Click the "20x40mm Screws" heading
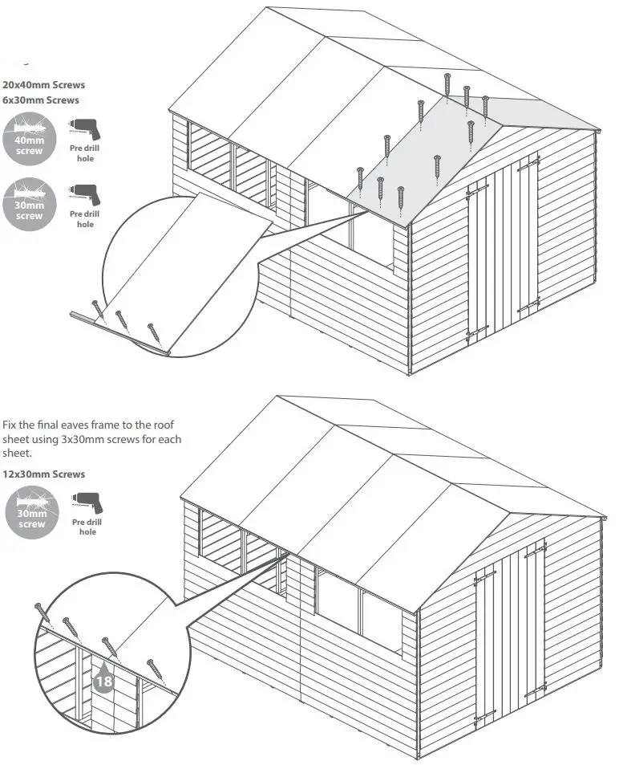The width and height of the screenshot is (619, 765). (x=43, y=84)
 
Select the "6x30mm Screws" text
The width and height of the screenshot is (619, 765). (x=41, y=100)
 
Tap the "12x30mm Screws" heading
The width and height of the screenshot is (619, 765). (x=43, y=474)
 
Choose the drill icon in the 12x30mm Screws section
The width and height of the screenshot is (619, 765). (x=87, y=503)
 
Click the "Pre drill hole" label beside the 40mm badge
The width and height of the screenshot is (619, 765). (x=85, y=153)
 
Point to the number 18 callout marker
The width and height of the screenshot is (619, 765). (x=103, y=681)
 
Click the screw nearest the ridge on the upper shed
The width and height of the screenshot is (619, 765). (x=447, y=81)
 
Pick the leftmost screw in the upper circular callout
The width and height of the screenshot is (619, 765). (x=96, y=309)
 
